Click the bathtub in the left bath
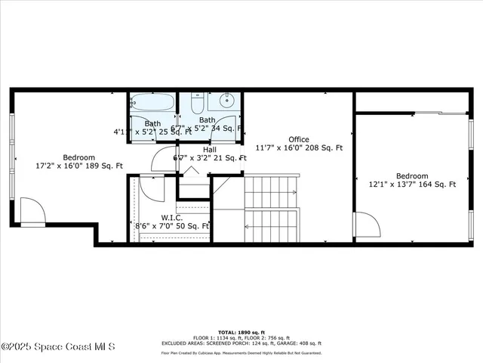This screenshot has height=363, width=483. (x=152, y=103)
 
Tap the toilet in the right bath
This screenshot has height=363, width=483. (x=198, y=104)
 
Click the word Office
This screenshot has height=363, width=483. (x=299, y=139)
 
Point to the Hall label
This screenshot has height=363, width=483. (x=210, y=150)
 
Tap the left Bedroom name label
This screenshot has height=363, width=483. (x=78, y=156)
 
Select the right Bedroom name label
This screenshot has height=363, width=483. (x=412, y=175)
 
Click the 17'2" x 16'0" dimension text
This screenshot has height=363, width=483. (x=78, y=165)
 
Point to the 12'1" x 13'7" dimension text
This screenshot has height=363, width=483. (x=412, y=184)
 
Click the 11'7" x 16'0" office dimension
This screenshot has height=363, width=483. (x=299, y=148)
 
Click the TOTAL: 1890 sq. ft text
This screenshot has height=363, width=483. (x=241, y=332)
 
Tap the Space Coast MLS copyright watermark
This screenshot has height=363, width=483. (x=58, y=347)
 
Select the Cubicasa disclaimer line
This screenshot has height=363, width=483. (x=241, y=352)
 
